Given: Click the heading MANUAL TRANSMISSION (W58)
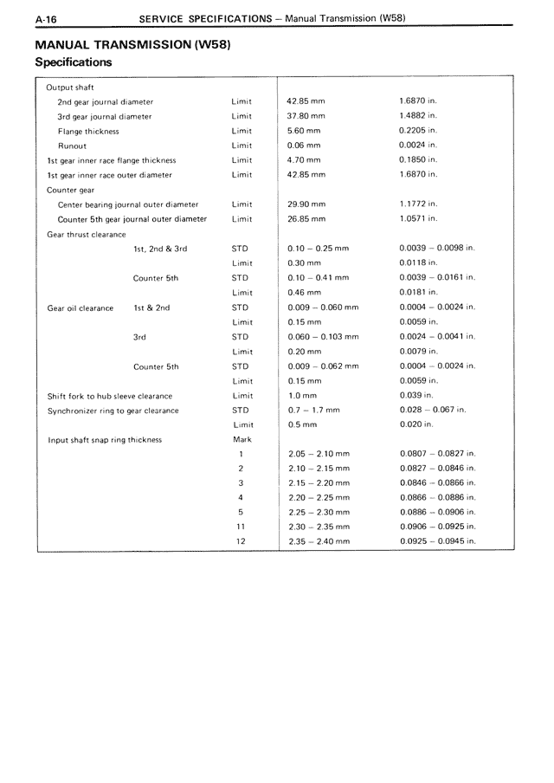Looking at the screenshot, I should point(134,44).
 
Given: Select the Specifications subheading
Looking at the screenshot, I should point(73,62).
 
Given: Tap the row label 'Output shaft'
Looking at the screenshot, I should point(70,87).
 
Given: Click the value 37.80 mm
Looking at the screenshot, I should point(306,116).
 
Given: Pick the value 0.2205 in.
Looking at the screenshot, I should point(419,131).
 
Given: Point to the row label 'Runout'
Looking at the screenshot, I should point(72,146).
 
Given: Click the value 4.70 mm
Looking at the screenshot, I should point(304,160).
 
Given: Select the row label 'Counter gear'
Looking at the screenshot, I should point(71,190).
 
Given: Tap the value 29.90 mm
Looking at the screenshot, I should point(306,204).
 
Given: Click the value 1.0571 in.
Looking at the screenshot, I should point(419,219).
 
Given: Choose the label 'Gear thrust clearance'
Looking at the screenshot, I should point(87,234).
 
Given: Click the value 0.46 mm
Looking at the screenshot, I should point(304,293).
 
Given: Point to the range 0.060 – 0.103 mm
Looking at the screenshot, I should point(323,337).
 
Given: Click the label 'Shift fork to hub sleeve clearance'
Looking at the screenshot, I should point(110,396).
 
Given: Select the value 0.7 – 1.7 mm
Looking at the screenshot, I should point(313,411).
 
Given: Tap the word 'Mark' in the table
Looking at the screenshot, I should point(242,440).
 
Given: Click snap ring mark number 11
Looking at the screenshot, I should point(241,527).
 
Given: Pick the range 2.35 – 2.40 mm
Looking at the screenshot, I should point(319,541).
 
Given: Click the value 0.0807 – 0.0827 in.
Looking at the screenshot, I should point(438,454).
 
